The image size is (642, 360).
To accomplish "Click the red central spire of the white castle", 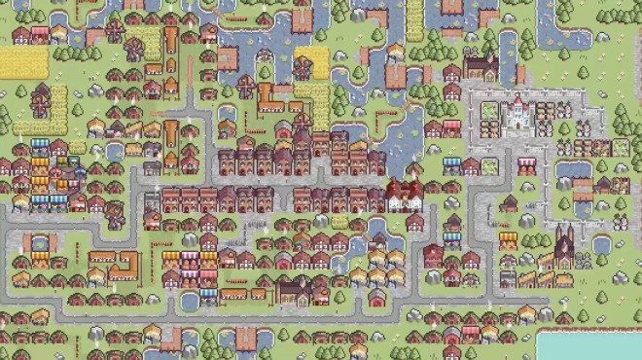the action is pos(517,100).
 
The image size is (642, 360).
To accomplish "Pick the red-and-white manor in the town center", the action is pos(404,194).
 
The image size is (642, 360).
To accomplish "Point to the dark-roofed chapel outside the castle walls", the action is pos(481,66).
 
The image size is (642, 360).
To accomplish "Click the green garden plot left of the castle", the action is pos(489,111).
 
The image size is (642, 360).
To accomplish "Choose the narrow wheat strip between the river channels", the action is pos(415,19).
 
